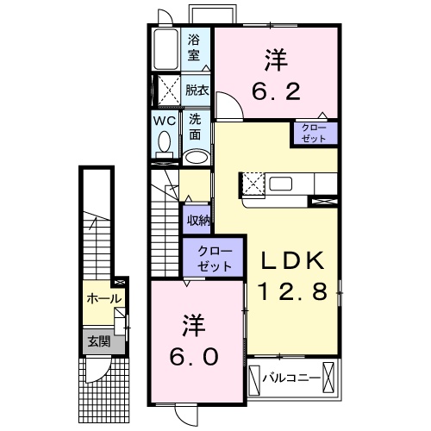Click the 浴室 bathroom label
pos(195,47)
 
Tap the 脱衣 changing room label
pos(196,90)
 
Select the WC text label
pos(165,122)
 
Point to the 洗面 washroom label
pos(195,127)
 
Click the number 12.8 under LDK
pos(291,293)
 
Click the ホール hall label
pos(103,298)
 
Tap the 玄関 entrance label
pos(97,340)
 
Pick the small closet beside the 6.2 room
pos(314,132)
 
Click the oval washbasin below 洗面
pos(197,157)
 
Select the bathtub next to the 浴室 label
pos(166,50)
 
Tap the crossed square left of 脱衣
pos(165,90)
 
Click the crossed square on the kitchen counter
pos(254,183)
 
